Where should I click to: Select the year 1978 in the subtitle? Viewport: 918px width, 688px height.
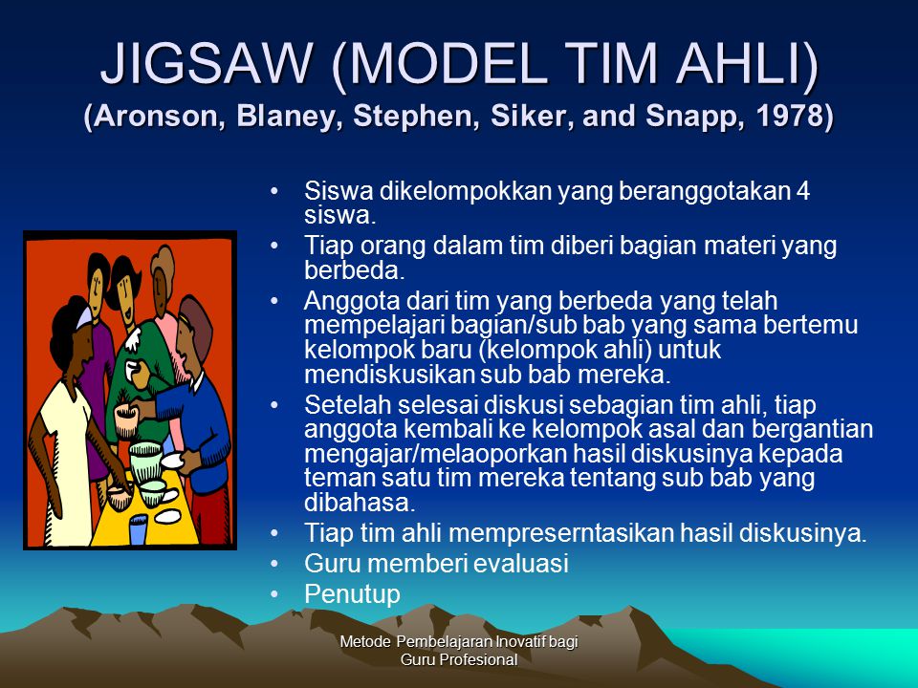tap(789, 116)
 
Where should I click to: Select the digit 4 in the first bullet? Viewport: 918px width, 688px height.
tap(803, 190)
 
